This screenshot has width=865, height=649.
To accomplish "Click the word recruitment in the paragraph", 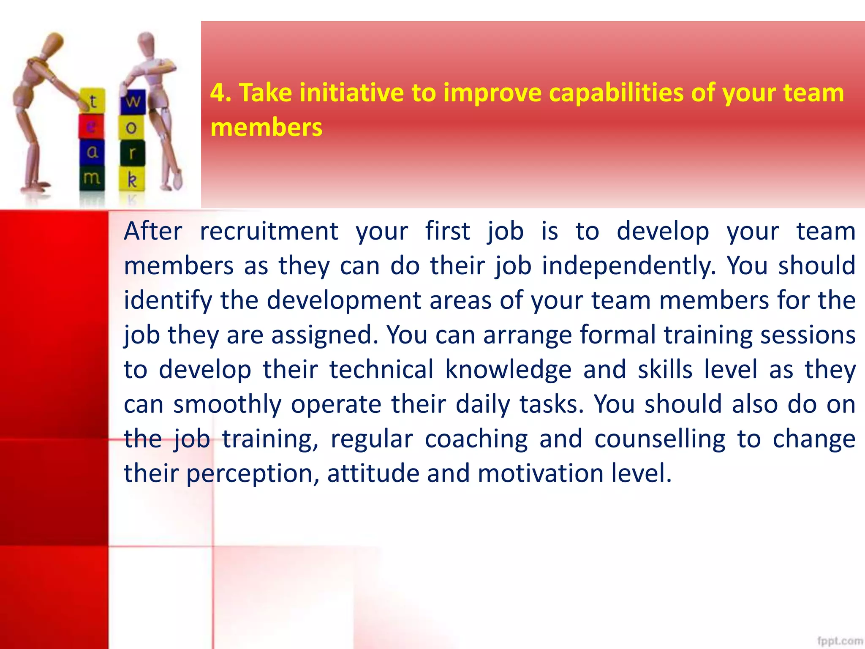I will pyautogui.click(x=269, y=232).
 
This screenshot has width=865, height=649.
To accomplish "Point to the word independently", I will pyautogui.click(x=628, y=266).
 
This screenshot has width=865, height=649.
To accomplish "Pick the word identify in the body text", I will pyautogui.click(x=168, y=301).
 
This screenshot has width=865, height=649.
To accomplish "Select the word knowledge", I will pyautogui.click(x=508, y=370).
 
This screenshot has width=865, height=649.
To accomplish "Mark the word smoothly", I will pyautogui.click(x=227, y=405).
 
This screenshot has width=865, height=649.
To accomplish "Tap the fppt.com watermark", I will pyautogui.click(x=840, y=641).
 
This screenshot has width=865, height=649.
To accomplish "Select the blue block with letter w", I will pyautogui.click(x=133, y=101).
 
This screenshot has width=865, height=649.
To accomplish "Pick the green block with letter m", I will pyautogui.click(x=92, y=178).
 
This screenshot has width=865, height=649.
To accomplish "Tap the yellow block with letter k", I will pyautogui.click(x=132, y=180).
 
